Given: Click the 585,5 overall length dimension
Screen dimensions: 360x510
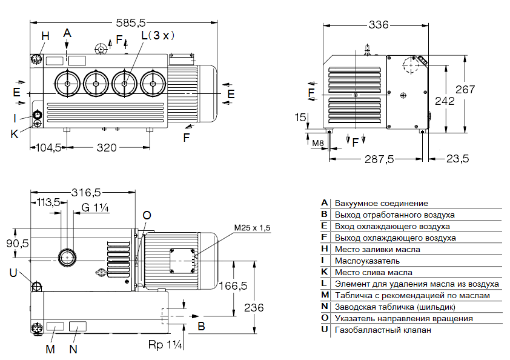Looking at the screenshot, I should click(x=130, y=22).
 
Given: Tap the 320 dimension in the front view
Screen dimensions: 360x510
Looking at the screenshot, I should click(x=107, y=147).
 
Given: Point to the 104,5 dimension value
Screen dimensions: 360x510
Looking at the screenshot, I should click(x=49, y=147).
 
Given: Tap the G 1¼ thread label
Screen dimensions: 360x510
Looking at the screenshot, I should click(x=95, y=208).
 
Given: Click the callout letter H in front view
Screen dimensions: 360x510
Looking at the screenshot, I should click(x=45, y=36).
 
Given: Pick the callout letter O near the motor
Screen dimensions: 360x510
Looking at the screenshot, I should click(x=147, y=215).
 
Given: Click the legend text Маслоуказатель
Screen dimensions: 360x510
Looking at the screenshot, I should click(x=367, y=261).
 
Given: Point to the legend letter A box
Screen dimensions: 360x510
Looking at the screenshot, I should click(x=325, y=203).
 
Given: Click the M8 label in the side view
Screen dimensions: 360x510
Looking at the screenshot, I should click(x=318, y=143).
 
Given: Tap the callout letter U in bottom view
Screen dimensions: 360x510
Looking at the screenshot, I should click(x=13, y=273).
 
